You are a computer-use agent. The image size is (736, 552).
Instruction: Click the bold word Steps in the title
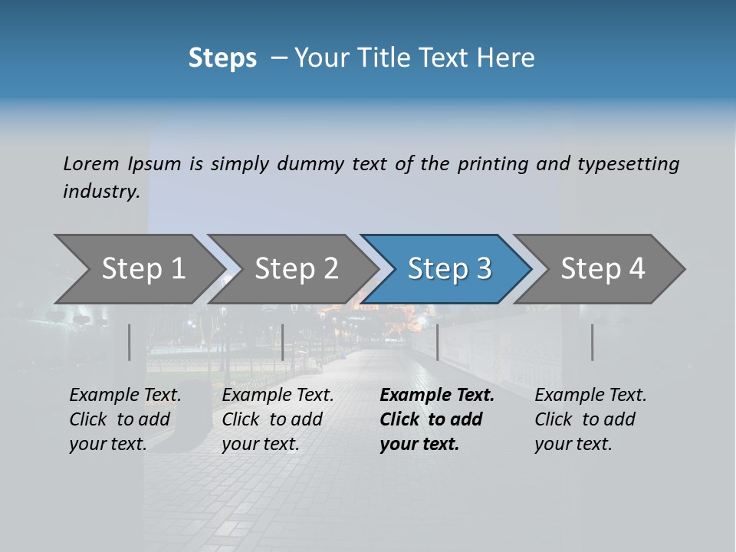(222, 58)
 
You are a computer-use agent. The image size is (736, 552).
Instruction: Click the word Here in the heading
(506, 58)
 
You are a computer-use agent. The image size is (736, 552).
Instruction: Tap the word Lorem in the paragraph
(91, 163)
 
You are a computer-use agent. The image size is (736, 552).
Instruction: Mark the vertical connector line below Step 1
(130, 342)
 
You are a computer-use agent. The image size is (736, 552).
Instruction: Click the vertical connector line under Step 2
(283, 342)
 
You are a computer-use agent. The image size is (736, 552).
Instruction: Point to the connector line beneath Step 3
(437, 342)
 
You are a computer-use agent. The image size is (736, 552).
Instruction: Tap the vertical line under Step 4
(592, 342)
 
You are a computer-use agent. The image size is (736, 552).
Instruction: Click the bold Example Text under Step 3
(437, 396)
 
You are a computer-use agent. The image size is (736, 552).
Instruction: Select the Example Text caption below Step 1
(125, 396)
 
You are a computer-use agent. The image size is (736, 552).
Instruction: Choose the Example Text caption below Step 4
(590, 396)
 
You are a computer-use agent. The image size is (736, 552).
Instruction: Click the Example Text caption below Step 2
(278, 396)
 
